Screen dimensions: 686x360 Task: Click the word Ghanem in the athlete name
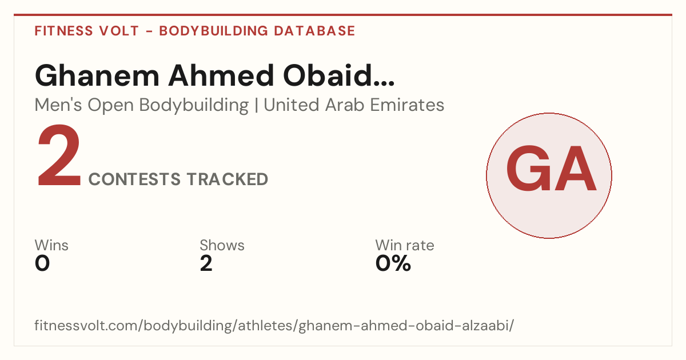point(97,75)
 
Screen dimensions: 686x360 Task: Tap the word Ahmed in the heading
point(221,75)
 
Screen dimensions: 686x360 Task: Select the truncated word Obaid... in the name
point(338,75)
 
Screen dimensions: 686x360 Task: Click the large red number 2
point(59,155)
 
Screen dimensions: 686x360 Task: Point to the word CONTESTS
point(134,179)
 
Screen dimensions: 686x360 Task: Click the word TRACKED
point(228,179)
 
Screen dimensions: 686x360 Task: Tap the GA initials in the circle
point(551,168)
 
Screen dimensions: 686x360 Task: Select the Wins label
point(51,245)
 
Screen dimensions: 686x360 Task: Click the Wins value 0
point(42,263)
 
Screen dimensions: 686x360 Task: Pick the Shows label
point(222,245)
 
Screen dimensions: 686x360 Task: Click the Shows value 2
point(206,263)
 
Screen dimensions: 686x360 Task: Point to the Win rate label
point(405,245)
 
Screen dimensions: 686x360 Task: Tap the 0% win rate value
point(393,263)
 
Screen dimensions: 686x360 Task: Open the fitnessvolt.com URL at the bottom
point(274,325)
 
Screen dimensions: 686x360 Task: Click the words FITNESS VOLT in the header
point(87,31)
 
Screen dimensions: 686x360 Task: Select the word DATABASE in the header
point(314,31)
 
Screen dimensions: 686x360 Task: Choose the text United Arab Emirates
point(354,105)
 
